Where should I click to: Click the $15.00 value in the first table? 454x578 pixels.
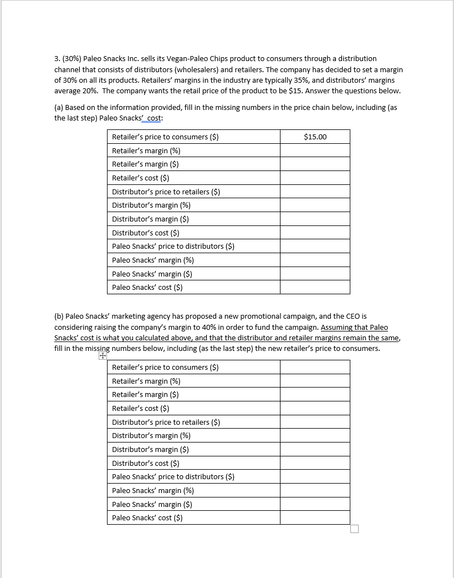(315, 137)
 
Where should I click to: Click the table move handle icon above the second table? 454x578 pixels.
(102, 357)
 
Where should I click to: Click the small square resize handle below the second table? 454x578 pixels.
(355, 529)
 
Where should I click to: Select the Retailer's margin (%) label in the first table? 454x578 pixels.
(146, 150)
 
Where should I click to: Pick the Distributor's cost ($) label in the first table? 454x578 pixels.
(145, 233)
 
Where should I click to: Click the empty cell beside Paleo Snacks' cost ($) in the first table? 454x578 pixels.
(315, 287)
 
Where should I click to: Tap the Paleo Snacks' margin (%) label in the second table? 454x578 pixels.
(152, 490)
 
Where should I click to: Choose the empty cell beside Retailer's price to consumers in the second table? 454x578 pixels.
(315, 367)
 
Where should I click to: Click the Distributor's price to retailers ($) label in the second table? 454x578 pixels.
(166, 422)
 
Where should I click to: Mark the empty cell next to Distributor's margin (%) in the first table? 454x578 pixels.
(315, 205)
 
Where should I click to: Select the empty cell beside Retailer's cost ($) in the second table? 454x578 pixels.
(315, 408)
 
